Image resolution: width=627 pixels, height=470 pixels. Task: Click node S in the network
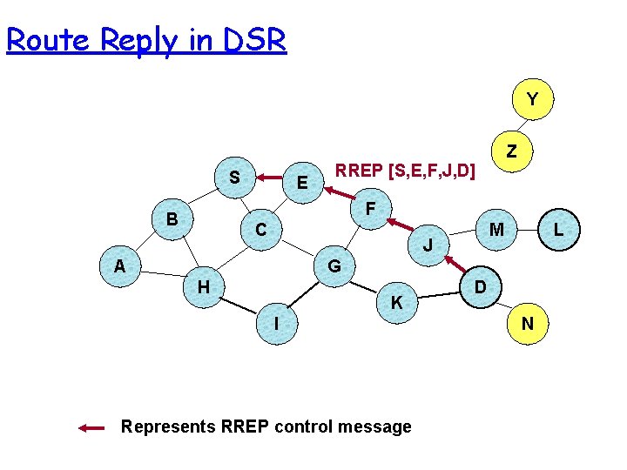point(234,177)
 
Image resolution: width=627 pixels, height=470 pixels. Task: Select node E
point(302,183)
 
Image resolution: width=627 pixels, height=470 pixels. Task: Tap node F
point(370,209)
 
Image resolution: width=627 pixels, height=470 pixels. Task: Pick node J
point(427,246)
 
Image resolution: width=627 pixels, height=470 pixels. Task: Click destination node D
point(480,286)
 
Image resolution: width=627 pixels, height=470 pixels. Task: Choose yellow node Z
point(512,151)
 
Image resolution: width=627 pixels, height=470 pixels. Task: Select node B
point(172,218)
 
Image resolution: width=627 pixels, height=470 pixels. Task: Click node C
point(260,231)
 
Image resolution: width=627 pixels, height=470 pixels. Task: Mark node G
point(334,265)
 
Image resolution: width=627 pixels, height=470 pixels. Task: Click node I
point(276,323)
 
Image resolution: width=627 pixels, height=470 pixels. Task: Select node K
point(396,303)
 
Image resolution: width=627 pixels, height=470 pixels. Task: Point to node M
point(496,230)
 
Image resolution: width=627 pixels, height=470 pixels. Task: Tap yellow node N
point(527,324)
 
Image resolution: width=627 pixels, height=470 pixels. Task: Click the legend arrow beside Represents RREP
point(91,427)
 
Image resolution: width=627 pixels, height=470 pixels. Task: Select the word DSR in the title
point(252,40)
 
